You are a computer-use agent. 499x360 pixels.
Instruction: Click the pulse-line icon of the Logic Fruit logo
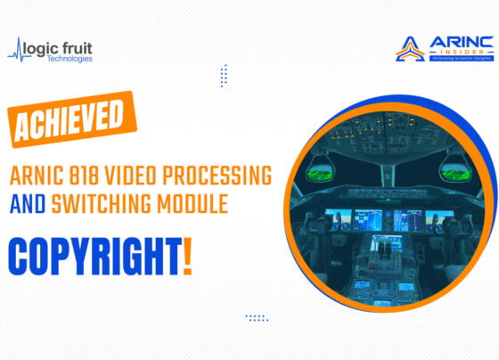tap(20, 51)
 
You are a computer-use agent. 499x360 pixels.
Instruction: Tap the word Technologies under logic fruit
tap(70, 59)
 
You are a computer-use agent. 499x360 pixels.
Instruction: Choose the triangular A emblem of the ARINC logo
tap(410, 50)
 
